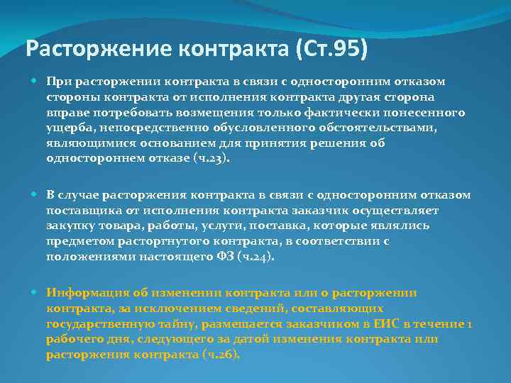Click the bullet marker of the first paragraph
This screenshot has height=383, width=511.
tap(37, 82)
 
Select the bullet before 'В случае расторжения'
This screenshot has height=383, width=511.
tap(37, 195)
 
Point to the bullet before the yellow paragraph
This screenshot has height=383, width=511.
tap(37, 293)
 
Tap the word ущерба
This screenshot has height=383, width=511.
tap(67, 128)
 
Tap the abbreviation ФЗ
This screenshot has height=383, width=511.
tap(224, 257)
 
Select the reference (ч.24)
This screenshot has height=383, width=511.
tap(255, 257)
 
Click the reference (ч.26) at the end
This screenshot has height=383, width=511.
tap(221, 355)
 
